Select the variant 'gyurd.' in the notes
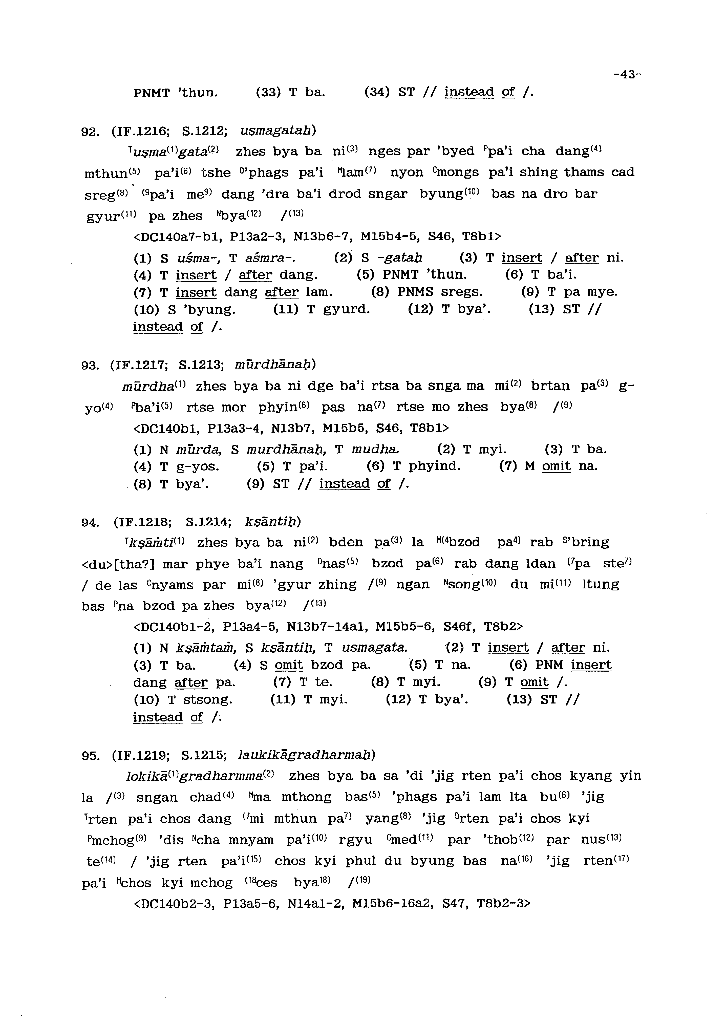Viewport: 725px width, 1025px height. [345, 309]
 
